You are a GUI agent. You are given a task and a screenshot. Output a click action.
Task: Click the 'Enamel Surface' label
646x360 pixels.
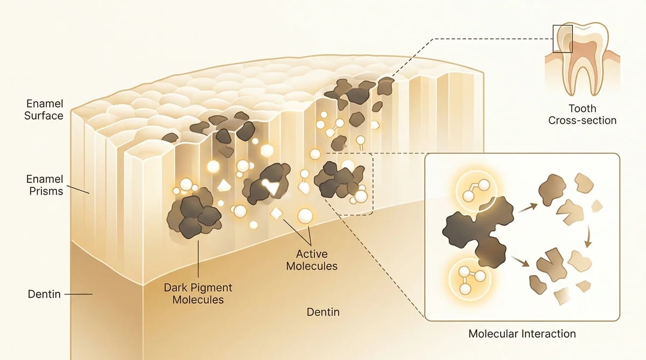point(44,110)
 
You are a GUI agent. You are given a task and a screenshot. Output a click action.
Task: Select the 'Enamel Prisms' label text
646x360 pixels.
point(45,185)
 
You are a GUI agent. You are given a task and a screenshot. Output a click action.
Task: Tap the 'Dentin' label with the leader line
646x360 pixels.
point(44,294)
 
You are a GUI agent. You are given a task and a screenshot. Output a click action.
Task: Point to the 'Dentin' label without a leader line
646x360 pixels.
point(323,312)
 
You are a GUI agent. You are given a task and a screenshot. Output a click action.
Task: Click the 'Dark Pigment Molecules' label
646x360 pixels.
point(198,294)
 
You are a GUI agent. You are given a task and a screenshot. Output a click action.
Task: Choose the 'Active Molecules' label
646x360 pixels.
point(312,260)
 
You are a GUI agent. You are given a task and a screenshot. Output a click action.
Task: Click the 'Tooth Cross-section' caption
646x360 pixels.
point(582,115)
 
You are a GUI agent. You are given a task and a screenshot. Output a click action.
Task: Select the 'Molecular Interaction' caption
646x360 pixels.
point(522,334)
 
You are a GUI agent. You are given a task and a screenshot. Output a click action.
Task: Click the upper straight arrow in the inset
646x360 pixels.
point(528,208)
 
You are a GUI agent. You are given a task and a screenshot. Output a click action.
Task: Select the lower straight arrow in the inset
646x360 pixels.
point(521,262)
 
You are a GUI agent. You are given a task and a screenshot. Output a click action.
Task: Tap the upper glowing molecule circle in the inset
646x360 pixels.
point(476,191)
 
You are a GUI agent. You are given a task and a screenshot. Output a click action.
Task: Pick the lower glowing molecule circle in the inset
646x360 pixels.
point(470,279)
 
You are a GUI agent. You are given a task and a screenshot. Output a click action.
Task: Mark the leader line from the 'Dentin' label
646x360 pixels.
point(78,294)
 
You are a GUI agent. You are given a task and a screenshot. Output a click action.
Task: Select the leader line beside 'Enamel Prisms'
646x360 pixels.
point(78,189)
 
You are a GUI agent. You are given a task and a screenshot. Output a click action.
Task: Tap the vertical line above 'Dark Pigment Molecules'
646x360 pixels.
point(198,259)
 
